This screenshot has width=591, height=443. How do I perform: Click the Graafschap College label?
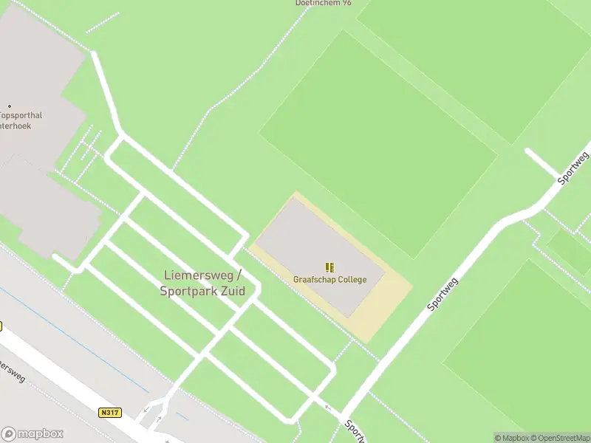coord(329,280)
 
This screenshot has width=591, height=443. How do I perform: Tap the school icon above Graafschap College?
coord(329,267)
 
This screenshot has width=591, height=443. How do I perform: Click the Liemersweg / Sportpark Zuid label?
coord(202,283)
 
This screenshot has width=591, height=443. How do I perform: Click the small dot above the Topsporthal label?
coord(10,106)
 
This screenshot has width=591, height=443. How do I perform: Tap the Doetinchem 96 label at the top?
coord(324,3)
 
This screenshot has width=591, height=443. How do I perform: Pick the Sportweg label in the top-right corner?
coord(574,168)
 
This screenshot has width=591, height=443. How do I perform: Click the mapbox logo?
coord(33,434)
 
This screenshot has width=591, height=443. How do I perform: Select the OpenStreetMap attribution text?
coord(559,438)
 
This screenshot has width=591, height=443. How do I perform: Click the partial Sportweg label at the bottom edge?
coord(355,433)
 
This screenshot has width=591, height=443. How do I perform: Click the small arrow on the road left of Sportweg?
coord(327,405)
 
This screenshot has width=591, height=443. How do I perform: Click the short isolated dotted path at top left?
coord(101,23)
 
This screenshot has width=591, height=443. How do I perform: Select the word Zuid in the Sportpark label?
coord(229,291)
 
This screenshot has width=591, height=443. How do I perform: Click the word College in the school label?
coord(349,280)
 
